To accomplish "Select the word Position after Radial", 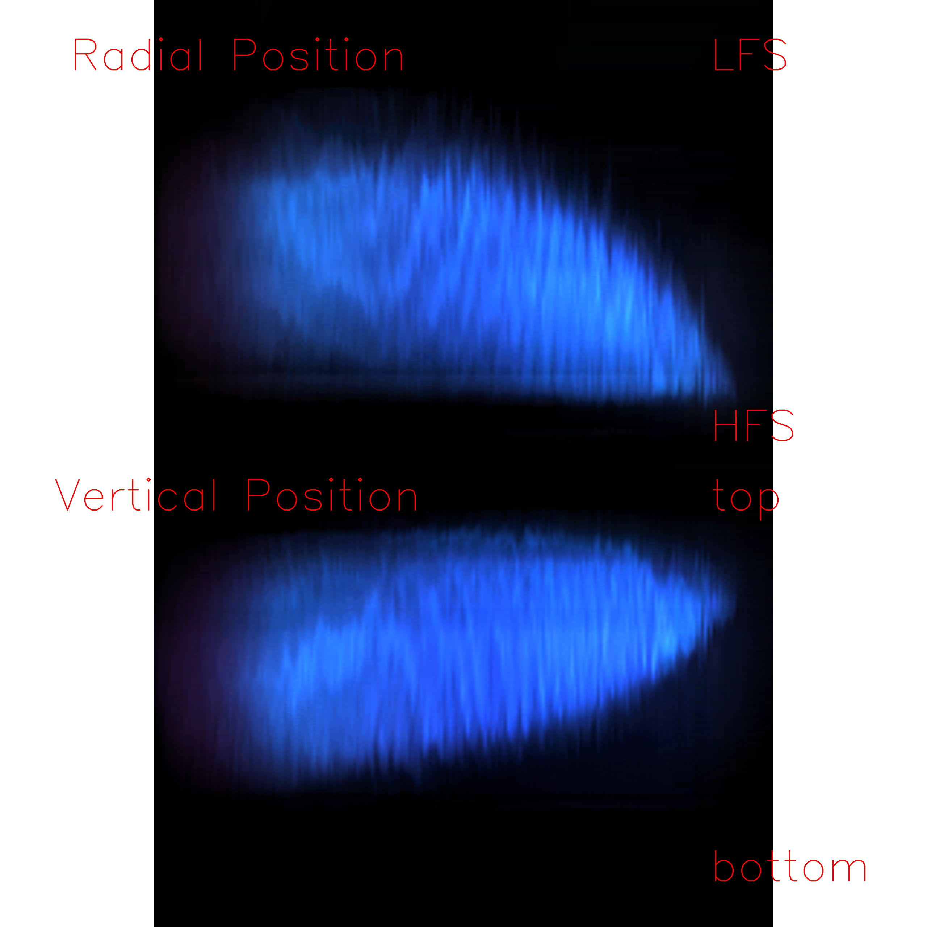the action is [x=318, y=54].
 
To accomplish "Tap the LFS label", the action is [x=750, y=55].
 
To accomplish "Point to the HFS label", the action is [x=753, y=425].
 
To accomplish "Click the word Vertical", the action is [x=136, y=495].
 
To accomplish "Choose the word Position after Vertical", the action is [x=332, y=495].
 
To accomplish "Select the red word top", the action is [x=746, y=499].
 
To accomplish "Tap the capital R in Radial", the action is [x=85, y=55].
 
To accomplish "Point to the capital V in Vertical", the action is [x=67, y=495].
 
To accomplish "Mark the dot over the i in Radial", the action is [x=161, y=39].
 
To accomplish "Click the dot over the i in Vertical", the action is [x=149, y=480].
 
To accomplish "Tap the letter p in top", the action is [x=769, y=504].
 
